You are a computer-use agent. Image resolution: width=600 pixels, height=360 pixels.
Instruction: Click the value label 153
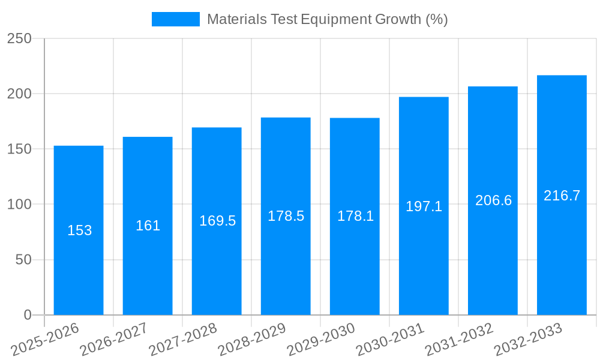79,230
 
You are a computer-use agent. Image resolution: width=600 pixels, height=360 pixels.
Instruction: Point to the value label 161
148,226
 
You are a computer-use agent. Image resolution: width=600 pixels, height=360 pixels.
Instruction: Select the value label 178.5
286,216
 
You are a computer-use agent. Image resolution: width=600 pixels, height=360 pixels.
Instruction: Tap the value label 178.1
355,216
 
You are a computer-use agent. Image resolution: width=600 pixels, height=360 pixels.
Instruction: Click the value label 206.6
493,200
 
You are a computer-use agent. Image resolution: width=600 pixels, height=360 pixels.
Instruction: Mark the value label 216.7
562,196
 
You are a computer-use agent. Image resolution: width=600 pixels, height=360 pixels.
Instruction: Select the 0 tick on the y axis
27,315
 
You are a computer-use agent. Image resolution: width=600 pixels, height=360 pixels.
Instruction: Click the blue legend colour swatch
175,19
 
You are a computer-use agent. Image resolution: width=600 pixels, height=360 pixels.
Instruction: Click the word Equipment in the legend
337,19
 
